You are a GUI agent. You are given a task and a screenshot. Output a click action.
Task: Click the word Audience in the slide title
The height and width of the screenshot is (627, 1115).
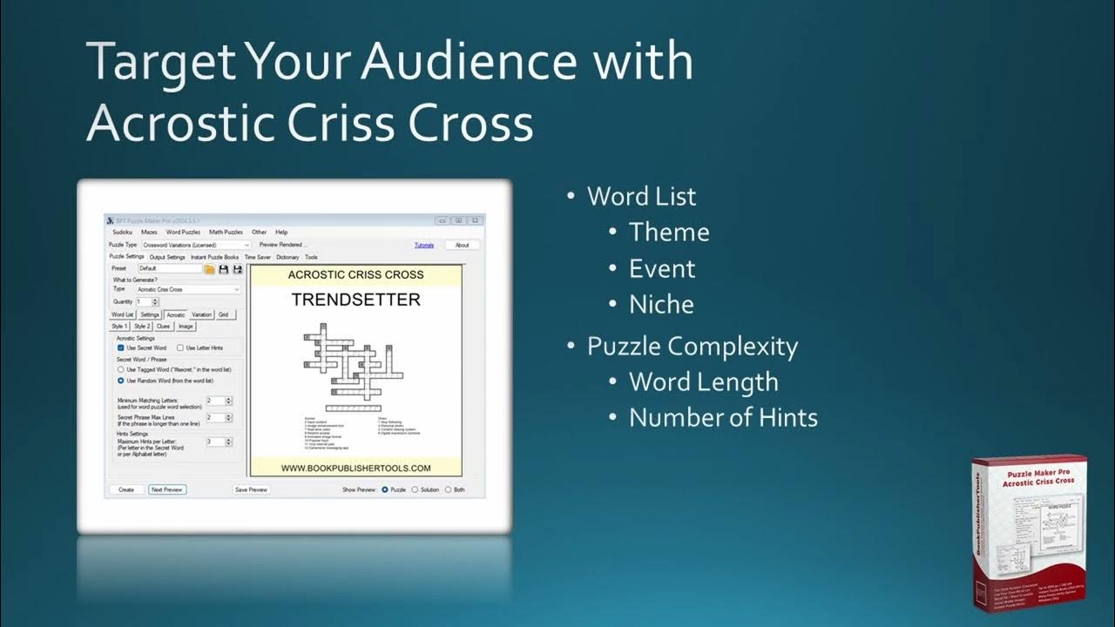click(469, 63)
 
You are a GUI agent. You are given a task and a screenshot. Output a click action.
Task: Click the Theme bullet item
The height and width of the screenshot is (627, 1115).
click(669, 233)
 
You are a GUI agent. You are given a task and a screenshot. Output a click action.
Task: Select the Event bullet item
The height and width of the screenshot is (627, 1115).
click(662, 268)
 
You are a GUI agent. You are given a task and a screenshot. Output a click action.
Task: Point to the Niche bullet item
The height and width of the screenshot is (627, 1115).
click(661, 304)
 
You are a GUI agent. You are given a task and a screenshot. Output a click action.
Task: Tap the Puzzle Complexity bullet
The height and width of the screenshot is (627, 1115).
click(692, 346)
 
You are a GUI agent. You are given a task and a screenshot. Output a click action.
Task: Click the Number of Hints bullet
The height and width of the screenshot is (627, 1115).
click(723, 417)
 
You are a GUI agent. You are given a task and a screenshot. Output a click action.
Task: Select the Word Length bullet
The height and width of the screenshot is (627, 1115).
click(703, 381)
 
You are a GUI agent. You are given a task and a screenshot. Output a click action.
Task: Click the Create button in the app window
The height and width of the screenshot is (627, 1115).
click(126, 489)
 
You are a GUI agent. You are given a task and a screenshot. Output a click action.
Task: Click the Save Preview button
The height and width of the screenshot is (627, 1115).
click(251, 489)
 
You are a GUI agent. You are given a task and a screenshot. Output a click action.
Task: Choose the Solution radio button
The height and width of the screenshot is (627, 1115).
click(416, 489)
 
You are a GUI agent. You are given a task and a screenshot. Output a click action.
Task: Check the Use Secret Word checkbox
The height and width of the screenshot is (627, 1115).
click(121, 347)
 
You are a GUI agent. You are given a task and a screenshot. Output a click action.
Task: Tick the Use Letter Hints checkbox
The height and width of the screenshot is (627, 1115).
click(180, 347)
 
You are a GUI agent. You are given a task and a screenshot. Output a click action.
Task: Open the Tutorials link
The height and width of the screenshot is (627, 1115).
click(423, 246)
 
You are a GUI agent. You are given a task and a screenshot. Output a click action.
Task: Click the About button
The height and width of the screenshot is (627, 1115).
click(462, 246)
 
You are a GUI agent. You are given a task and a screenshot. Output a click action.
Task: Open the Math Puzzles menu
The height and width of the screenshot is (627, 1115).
click(226, 233)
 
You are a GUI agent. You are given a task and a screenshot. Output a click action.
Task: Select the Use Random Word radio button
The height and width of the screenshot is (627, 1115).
click(121, 381)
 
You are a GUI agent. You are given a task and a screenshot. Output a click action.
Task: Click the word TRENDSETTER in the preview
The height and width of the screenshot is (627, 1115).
click(355, 300)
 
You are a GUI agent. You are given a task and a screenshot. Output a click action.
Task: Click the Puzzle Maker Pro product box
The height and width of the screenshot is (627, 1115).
click(1028, 531)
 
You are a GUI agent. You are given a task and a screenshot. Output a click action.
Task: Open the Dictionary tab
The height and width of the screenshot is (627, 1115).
click(287, 257)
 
